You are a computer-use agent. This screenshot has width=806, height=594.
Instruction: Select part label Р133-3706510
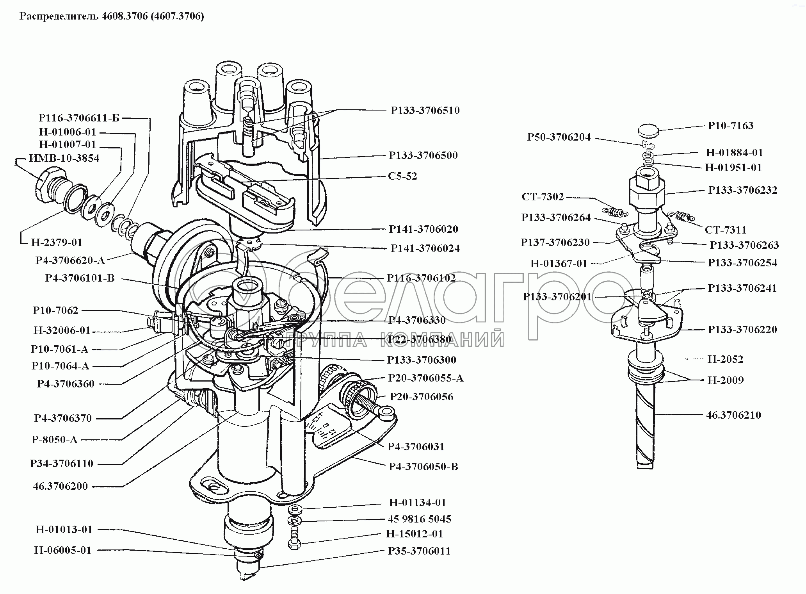click(x=425, y=111)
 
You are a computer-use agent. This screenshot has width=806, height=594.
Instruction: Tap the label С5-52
click(x=402, y=176)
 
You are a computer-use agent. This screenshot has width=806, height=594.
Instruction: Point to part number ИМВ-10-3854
click(x=64, y=158)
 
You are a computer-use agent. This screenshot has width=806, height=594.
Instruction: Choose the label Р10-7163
click(x=730, y=126)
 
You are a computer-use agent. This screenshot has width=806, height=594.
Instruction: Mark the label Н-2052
click(x=725, y=359)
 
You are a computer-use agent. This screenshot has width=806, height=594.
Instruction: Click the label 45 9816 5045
click(x=420, y=519)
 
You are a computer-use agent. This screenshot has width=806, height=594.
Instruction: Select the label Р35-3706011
click(x=419, y=551)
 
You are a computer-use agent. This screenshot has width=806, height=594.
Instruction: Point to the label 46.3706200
click(x=60, y=486)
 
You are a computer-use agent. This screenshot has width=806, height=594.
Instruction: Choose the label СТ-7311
click(x=725, y=230)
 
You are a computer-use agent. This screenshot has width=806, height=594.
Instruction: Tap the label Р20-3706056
click(x=422, y=397)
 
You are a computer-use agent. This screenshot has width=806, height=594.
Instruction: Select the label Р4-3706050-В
click(x=423, y=467)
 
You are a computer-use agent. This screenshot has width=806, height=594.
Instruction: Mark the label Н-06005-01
click(x=63, y=550)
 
